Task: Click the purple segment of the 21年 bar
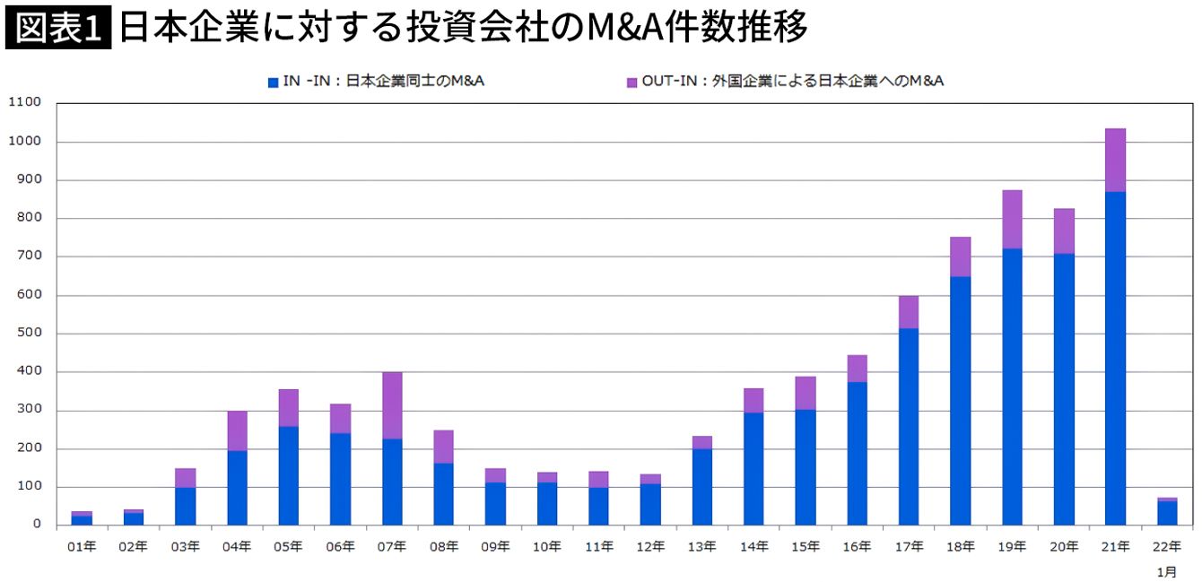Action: (x=1115, y=160)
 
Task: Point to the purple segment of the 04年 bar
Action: (x=237, y=430)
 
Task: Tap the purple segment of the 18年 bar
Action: (x=960, y=256)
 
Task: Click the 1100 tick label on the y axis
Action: (x=24, y=102)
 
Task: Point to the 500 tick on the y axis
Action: (x=30, y=334)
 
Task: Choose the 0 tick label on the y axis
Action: (x=37, y=525)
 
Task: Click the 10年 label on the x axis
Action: (x=547, y=546)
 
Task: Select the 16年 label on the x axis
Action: (x=857, y=546)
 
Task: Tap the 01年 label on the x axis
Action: (x=82, y=546)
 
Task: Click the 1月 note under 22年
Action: (x=1166, y=571)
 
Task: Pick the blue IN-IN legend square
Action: (x=273, y=82)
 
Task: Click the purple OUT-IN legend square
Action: (x=631, y=82)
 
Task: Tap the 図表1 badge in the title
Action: (x=58, y=29)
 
